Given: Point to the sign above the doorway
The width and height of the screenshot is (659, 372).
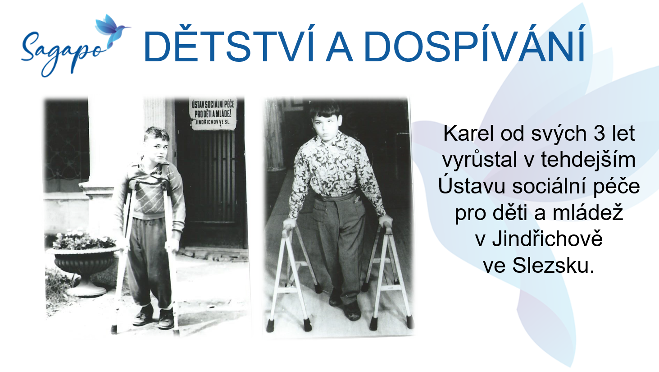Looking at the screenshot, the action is (213, 113).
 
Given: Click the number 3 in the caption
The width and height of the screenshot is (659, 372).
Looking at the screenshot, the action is (599, 134).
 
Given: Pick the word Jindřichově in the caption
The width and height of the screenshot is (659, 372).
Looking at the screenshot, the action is (547, 239).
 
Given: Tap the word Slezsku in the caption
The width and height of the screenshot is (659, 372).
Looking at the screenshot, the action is (553, 266).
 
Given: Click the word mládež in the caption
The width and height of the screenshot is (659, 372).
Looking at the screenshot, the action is (588, 213).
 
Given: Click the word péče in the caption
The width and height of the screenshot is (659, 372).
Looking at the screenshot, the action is (616, 186).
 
